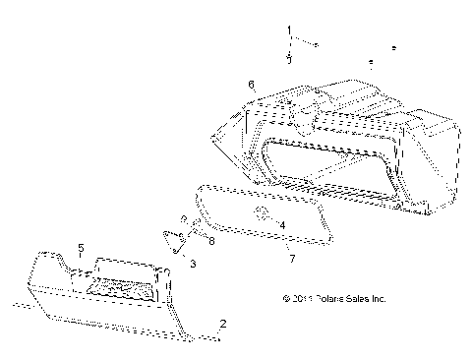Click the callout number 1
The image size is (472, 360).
pyautogui.click(x=290, y=32)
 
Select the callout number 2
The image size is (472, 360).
pyautogui.click(x=223, y=324)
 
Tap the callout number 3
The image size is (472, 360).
pyautogui.click(x=193, y=265)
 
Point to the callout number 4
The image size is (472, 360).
pyautogui.click(x=282, y=225)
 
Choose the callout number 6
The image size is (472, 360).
pyautogui.click(x=252, y=85)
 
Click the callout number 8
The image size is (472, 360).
pyautogui.click(x=211, y=240)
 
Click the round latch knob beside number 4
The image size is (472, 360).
pyautogui.click(x=263, y=214)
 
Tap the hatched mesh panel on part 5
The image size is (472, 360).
pyautogui.click(x=120, y=287)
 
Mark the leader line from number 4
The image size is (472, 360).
pyautogui.click(x=273, y=220)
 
